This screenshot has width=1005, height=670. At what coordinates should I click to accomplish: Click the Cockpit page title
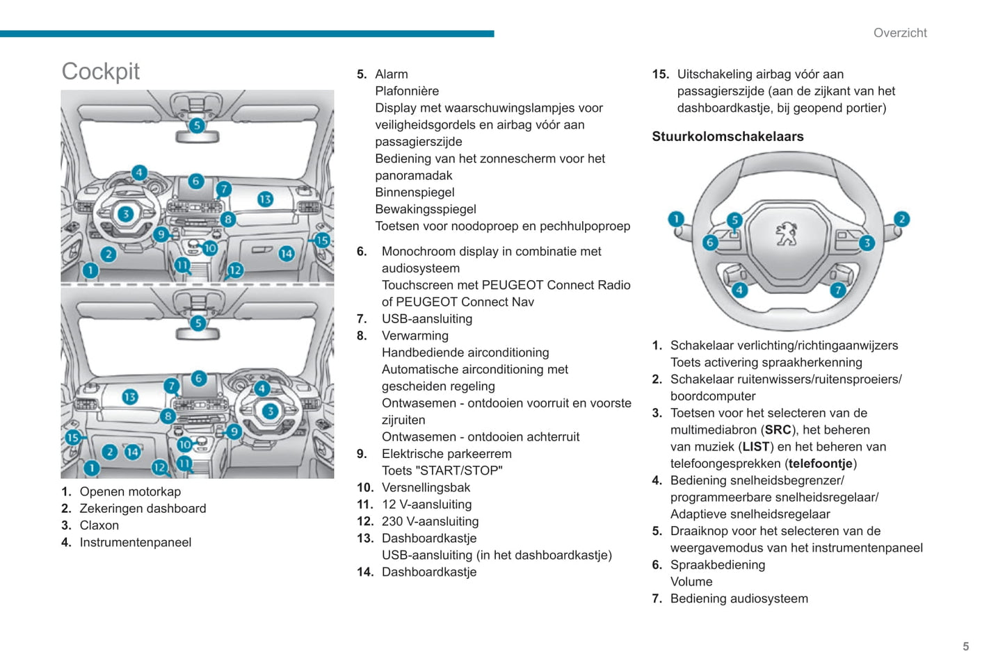click(x=101, y=72)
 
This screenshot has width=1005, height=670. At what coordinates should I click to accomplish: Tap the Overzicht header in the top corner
click(x=900, y=33)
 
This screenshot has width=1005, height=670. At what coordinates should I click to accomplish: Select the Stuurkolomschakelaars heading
click(x=727, y=137)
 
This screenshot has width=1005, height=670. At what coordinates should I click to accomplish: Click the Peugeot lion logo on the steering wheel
click(x=787, y=234)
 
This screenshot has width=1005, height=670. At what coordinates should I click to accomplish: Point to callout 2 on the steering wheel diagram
click(x=901, y=219)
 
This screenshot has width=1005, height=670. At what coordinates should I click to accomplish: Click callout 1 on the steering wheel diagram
click(x=675, y=220)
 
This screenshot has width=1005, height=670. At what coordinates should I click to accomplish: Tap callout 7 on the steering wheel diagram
click(x=838, y=290)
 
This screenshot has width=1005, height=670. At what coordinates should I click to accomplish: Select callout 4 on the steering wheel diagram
click(x=739, y=290)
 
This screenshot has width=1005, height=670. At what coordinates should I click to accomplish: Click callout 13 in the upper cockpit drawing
click(x=265, y=199)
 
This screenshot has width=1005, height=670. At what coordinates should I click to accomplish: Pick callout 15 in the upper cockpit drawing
click(x=321, y=240)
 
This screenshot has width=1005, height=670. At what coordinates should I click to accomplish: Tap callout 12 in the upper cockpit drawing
click(x=235, y=270)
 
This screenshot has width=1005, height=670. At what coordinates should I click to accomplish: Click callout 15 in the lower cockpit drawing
click(x=73, y=437)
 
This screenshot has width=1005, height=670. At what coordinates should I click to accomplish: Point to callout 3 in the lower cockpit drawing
click(x=270, y=411)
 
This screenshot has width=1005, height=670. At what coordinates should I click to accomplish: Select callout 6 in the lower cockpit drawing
click(x=199, y=378)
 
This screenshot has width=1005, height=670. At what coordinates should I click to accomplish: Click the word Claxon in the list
click(x=99, y=525)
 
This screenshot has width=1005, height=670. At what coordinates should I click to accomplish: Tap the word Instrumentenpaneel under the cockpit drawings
click(x=135, y=542)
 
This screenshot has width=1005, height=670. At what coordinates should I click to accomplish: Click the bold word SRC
click(x=778, y=430)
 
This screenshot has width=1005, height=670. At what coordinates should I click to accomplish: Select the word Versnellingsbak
click(x=426, y=487)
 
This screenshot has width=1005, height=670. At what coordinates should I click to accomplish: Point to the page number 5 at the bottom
click(x=965, y=646)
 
